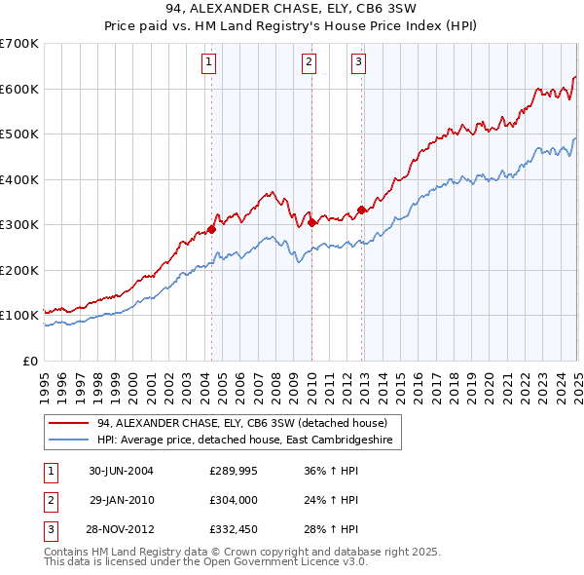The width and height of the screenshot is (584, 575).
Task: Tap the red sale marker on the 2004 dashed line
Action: [211, 230]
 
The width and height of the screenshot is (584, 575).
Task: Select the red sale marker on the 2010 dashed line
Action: [311, 223]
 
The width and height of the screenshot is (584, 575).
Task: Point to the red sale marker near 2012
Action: [361, 210]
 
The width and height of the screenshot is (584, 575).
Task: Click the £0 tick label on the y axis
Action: [28, 361]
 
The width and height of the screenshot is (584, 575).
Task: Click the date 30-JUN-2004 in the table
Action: [121, 471]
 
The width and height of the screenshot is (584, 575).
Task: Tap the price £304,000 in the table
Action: [231, 501]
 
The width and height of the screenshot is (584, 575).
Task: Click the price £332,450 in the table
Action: [231, 531]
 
